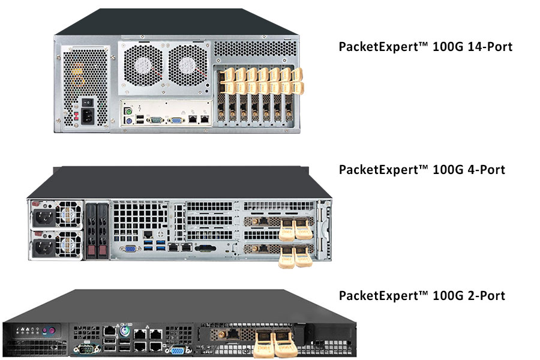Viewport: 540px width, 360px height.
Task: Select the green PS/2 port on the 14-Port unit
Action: pyautogui.click(x=128, y=111)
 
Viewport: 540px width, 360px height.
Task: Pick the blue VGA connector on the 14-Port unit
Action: pyautogui.click(x=178, y=120)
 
